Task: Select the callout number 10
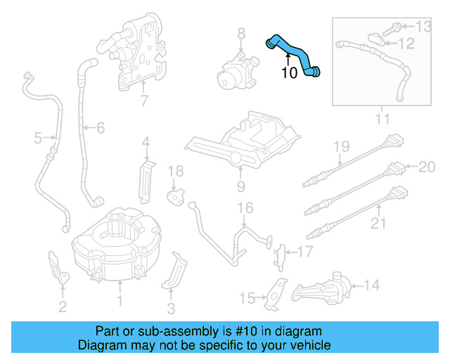tap(289, 73)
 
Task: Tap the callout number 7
tap(144, 101)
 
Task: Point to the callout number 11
tap(381, 120)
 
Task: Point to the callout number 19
tap(341, 146)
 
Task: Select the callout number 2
tap(63, 305)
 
